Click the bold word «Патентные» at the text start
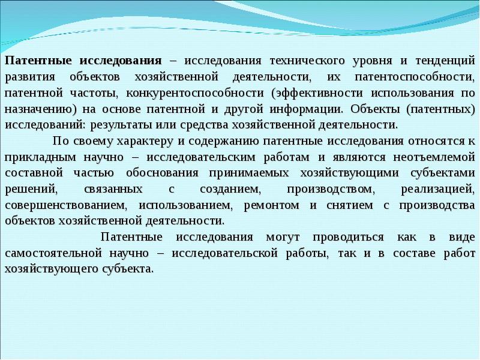tap(34, 61)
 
